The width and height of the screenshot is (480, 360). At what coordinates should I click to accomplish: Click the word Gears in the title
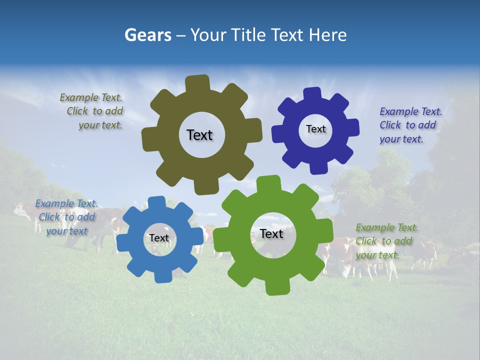click(147, 35)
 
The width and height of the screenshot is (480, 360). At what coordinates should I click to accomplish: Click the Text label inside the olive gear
click(199, 135)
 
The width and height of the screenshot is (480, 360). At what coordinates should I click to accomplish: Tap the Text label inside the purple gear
click(315, 129)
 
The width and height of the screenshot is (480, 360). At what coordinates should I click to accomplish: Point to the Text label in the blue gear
click(159, 238)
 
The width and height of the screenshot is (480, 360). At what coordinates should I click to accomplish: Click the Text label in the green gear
click(271, 233)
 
